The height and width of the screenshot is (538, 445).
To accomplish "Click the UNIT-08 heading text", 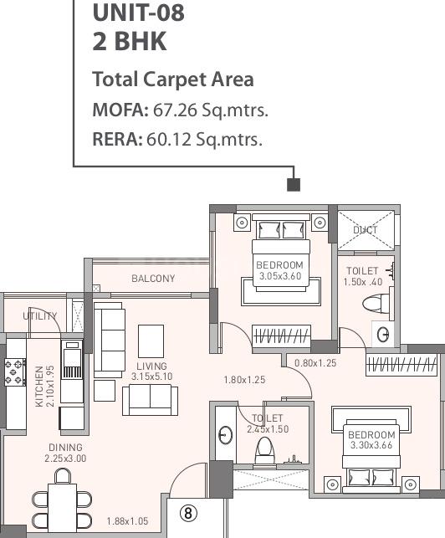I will click(138, 13).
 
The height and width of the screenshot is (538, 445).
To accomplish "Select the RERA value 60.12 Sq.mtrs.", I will click(204, 139).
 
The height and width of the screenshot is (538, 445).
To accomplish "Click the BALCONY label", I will click(153, 279).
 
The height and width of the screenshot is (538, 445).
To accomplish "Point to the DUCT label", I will click(365, 229).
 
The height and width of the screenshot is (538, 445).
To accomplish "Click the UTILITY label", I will click(39, 316).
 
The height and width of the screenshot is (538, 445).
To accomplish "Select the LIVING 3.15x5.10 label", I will click(151, 371).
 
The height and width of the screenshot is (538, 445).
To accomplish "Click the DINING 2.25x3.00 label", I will click(65, 453).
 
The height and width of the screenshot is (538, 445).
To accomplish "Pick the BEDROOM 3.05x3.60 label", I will click(280, 270).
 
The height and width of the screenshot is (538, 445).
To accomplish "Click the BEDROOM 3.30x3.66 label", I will click(371, 440).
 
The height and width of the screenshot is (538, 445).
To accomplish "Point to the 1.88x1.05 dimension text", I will click(126, 521).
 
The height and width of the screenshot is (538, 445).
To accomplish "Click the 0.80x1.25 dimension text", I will click(315, 363).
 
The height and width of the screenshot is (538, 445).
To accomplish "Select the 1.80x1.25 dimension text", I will click(244, 380).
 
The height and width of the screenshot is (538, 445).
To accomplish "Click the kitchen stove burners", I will click(15, 371).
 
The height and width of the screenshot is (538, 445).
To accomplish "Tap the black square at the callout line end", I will click(293, 184).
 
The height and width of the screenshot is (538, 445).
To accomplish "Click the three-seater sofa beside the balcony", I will click(110, 340).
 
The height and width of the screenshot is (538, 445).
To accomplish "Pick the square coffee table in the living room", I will click(151, 339).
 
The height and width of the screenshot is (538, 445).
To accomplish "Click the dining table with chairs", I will click(62, 506).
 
